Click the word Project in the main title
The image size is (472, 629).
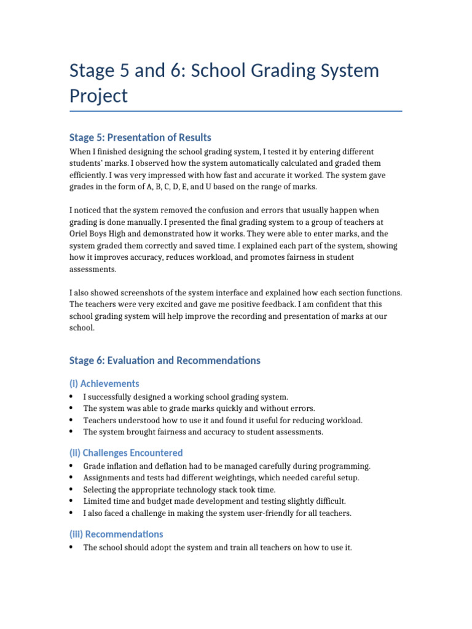(99, 96)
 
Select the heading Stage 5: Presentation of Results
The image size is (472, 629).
(140, 137)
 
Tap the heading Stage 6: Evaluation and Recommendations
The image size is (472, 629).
(165, 361)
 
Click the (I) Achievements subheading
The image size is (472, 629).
(104, 383)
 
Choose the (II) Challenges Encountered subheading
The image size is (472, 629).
(126, 453)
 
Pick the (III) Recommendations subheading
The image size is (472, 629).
(116, 534)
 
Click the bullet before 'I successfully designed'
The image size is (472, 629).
(72, 397)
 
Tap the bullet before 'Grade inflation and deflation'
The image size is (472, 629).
(72, 466)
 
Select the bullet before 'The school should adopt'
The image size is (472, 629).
(72, 547)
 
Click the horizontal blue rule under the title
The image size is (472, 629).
(236, 111)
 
